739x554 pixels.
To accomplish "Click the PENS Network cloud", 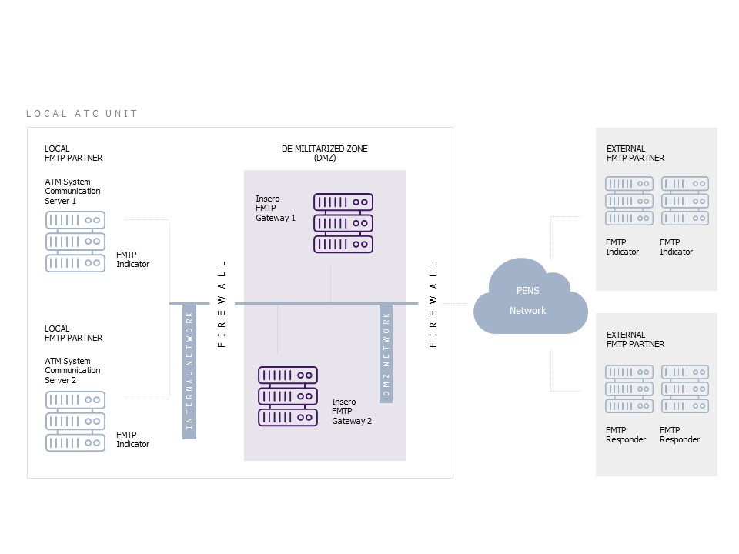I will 530,299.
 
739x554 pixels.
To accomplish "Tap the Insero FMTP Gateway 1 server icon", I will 343,223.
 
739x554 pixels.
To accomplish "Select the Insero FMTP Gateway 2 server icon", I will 288,396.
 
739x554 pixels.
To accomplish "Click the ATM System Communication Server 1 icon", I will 75,242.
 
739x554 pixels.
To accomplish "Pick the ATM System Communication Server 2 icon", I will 75,421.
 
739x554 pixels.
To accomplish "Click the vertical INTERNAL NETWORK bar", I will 189,372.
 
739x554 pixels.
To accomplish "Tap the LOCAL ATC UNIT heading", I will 82,114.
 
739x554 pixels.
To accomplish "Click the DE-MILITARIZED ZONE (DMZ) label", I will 324,153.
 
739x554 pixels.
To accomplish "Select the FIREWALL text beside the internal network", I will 222,304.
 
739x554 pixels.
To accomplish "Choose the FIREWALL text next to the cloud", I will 433,304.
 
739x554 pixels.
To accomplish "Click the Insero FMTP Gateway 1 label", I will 276,209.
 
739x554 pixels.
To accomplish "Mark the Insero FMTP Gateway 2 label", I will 352,411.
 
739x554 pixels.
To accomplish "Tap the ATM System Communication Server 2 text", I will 72,370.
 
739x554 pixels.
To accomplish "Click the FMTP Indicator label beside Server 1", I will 132,259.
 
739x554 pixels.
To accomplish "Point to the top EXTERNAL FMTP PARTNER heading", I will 635,153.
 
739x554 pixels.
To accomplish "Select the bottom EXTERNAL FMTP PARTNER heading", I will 635,339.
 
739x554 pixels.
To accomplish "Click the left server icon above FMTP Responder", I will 629,389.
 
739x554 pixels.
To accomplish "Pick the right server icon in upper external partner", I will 685,201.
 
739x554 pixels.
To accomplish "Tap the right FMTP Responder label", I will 680,435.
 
